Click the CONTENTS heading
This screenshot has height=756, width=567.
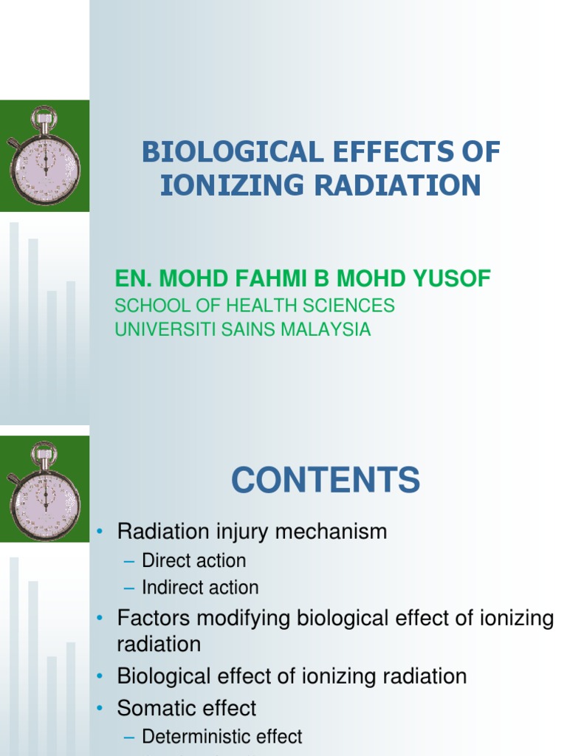326,481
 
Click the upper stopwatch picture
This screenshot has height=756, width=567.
44,156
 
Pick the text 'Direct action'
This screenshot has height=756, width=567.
193,560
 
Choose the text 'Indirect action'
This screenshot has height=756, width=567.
200,588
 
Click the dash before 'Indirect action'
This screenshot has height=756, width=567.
130,588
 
